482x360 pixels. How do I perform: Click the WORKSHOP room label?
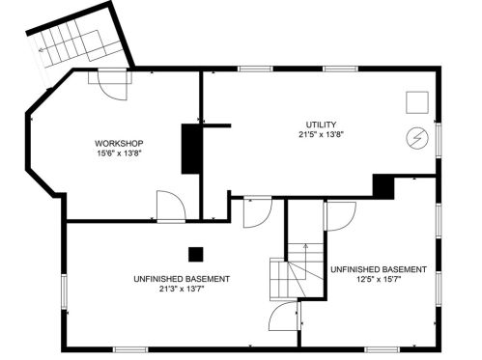[114, 142]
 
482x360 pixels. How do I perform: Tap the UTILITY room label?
[321, 125]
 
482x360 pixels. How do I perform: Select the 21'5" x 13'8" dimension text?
[321, 136]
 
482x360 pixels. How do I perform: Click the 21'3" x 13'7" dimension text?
[182, 291]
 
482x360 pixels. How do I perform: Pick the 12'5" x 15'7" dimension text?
[378, 280]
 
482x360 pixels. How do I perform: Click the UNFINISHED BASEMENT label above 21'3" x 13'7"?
[182, 279]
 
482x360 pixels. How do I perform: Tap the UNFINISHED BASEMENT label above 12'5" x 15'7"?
[378, 269]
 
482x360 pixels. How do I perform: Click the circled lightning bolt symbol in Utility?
[417, 138]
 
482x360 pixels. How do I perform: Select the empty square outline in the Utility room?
[416, 101]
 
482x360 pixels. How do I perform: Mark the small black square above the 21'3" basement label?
[196, 254]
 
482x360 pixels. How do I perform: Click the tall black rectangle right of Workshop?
[191, 149]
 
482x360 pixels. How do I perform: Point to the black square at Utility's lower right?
[383, 184]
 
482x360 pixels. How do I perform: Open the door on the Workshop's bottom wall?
[169, 207]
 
